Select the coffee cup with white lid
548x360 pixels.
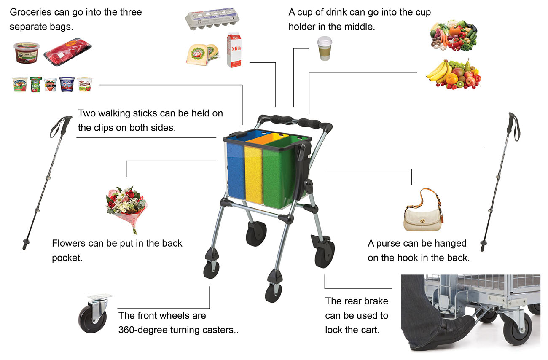325,48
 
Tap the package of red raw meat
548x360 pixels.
67,53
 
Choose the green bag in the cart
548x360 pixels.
278,173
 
